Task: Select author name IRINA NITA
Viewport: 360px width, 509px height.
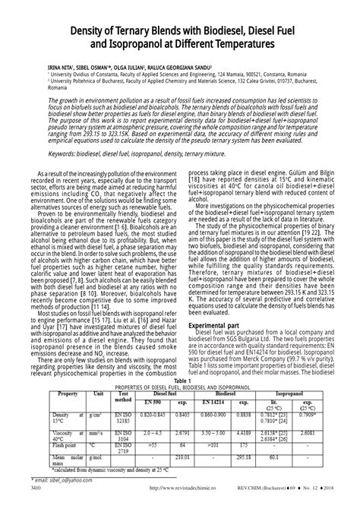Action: coord(44,68)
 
